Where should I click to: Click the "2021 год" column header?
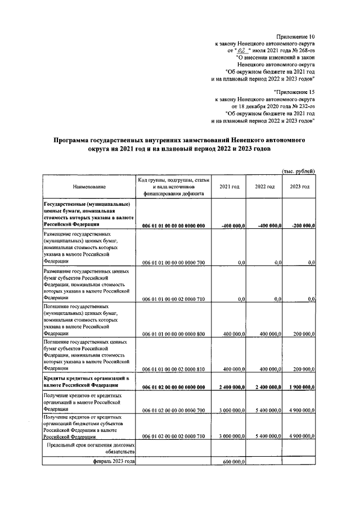tap(229, 186)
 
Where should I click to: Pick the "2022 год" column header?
tap(264, 186)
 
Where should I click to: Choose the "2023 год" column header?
tap(299, 186)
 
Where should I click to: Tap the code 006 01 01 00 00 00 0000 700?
tap(173, 262)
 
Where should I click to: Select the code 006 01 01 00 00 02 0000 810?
tap(173, 369)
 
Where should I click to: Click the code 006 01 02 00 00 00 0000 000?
tap(173, 387)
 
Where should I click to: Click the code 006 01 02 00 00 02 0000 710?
tap(173, 436)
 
